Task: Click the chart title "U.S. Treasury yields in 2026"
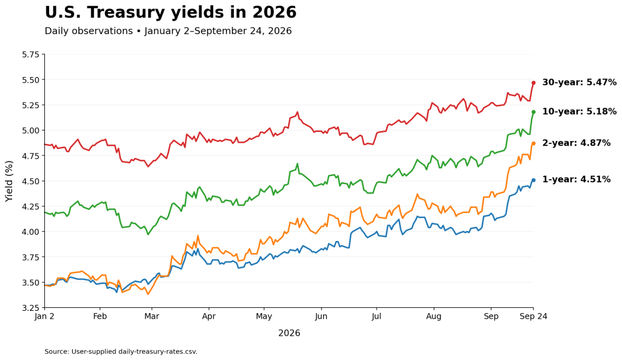[171, 12]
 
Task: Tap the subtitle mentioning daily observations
[168, 31]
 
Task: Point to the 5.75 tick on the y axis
[32, 54]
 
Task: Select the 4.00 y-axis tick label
[32, 231]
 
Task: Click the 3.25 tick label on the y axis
[32, 308]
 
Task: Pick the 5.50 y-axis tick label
[32, 80]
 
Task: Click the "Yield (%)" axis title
[9, 181]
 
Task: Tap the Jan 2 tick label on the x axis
[44, 316]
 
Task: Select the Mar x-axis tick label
[151, 316]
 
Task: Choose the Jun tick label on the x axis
[321, 316]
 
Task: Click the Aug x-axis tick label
[434, 316]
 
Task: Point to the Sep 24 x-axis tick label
[533, 316]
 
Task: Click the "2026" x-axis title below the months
[289, 333]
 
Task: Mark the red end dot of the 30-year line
[533, 83]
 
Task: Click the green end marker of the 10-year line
[533, 112]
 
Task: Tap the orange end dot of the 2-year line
[533, 143]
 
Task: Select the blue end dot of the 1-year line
[533, 180]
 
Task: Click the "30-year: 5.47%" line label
[579, 83]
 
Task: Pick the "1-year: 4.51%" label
[576, 180]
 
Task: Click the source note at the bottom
[121, 352]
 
